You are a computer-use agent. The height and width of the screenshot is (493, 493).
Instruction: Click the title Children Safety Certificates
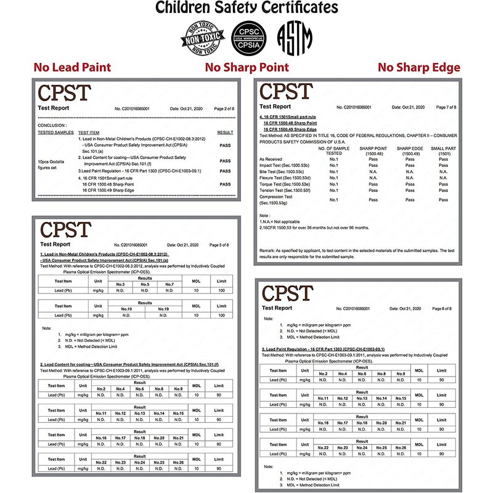(x=246, y=8)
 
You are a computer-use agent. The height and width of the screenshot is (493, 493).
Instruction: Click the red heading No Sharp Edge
(x=418, y=67)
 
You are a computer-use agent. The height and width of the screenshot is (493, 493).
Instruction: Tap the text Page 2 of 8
(x=224, y=108)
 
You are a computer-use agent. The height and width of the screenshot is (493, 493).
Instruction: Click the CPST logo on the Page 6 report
(x=287, y=292)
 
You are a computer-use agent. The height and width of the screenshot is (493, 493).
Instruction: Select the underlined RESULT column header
(x=225, y=132)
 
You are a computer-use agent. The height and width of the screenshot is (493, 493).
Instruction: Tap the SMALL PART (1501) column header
(x=444, y=151)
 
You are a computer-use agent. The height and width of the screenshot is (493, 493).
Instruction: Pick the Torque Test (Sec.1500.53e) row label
(x=284, y=184)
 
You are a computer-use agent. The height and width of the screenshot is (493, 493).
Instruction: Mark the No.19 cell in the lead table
(x=163, y=309)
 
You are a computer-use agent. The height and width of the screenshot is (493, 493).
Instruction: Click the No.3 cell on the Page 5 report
(x=120, y=284)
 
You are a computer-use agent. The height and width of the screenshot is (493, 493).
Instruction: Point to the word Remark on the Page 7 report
(x=269, y=251)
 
